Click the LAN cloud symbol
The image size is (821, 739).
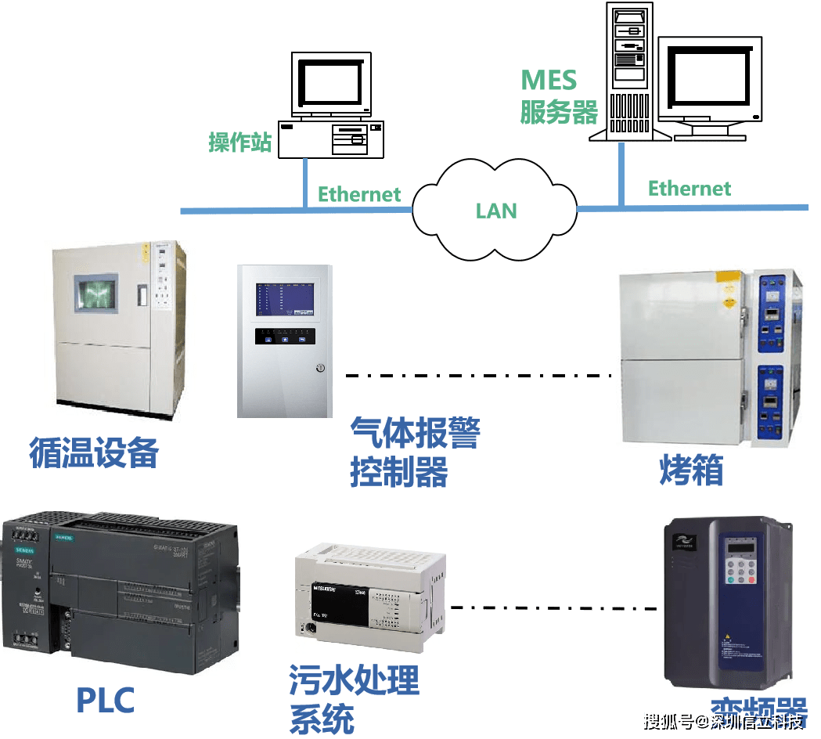pyautogui.click(x=496, y=209)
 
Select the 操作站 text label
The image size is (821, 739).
pyautogui.click(x=239, y=142)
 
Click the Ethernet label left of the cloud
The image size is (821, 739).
pyautogui.click(x=358, y=194)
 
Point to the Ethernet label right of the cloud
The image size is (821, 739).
pyautogui.click(x=689, y=188)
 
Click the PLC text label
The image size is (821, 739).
pyautogui.click(x=106, y=699)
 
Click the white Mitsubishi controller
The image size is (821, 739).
pyautogui.click(x=370, y=598)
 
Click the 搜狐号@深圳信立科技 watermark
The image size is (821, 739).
pyautogui.click(x=722, y=720)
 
